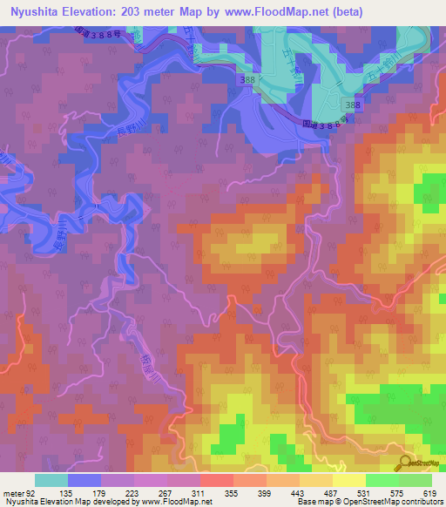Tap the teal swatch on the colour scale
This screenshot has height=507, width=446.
tap(51, 480)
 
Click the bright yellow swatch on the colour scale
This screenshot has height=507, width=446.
tap(349, 480)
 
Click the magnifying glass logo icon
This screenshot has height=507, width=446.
tap(404, 462)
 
